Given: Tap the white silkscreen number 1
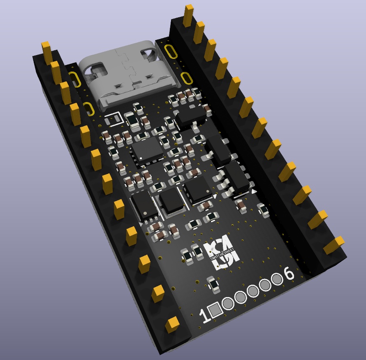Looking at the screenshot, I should pos(203,316).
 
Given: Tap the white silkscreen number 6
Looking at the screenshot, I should pos(290,274).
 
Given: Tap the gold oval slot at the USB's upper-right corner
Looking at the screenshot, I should pos(170,51).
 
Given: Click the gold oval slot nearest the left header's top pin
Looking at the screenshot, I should pos(75,79).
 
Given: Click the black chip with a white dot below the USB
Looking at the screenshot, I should pos(147,149).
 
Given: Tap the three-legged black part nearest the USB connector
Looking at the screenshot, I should pos(190,115).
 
